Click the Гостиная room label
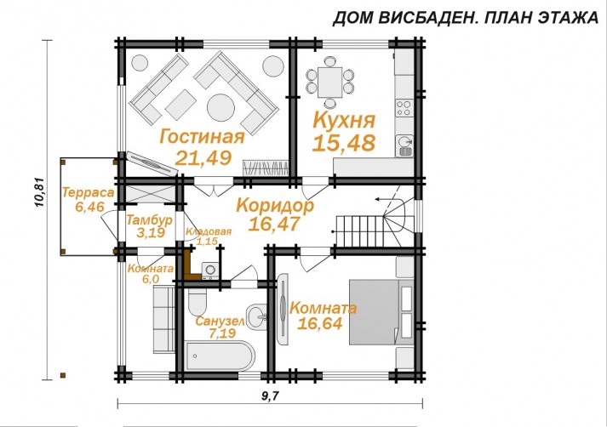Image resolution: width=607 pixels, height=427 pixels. (x=202, y=137)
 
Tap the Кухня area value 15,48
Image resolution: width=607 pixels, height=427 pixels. (x=344, y=142)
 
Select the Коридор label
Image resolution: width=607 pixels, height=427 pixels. (x=275, y=205)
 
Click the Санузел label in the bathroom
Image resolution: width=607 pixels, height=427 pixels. (x=220, y=322)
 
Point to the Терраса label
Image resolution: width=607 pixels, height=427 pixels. (x=89, y=192)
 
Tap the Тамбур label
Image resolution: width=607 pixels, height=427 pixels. (x=150, y=220)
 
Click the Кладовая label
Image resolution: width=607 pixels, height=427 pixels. (x=209, y=232)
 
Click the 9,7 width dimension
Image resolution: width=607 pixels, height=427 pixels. (x=270, y=396)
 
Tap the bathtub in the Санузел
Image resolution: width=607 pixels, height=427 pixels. (x=220, y=356)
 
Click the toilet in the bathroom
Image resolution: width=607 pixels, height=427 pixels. (x=198, y=303)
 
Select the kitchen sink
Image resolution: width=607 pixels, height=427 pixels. (x=404, y=145)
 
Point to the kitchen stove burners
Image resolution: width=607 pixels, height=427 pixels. (x=404, y=108)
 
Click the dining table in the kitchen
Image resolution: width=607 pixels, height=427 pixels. (x=329, y=83)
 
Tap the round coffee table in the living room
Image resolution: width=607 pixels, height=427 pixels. (x=221, y=107)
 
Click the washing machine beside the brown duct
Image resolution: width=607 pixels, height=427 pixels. (x=210, y=270)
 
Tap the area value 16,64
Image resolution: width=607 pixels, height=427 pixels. (x=320, y=323)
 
